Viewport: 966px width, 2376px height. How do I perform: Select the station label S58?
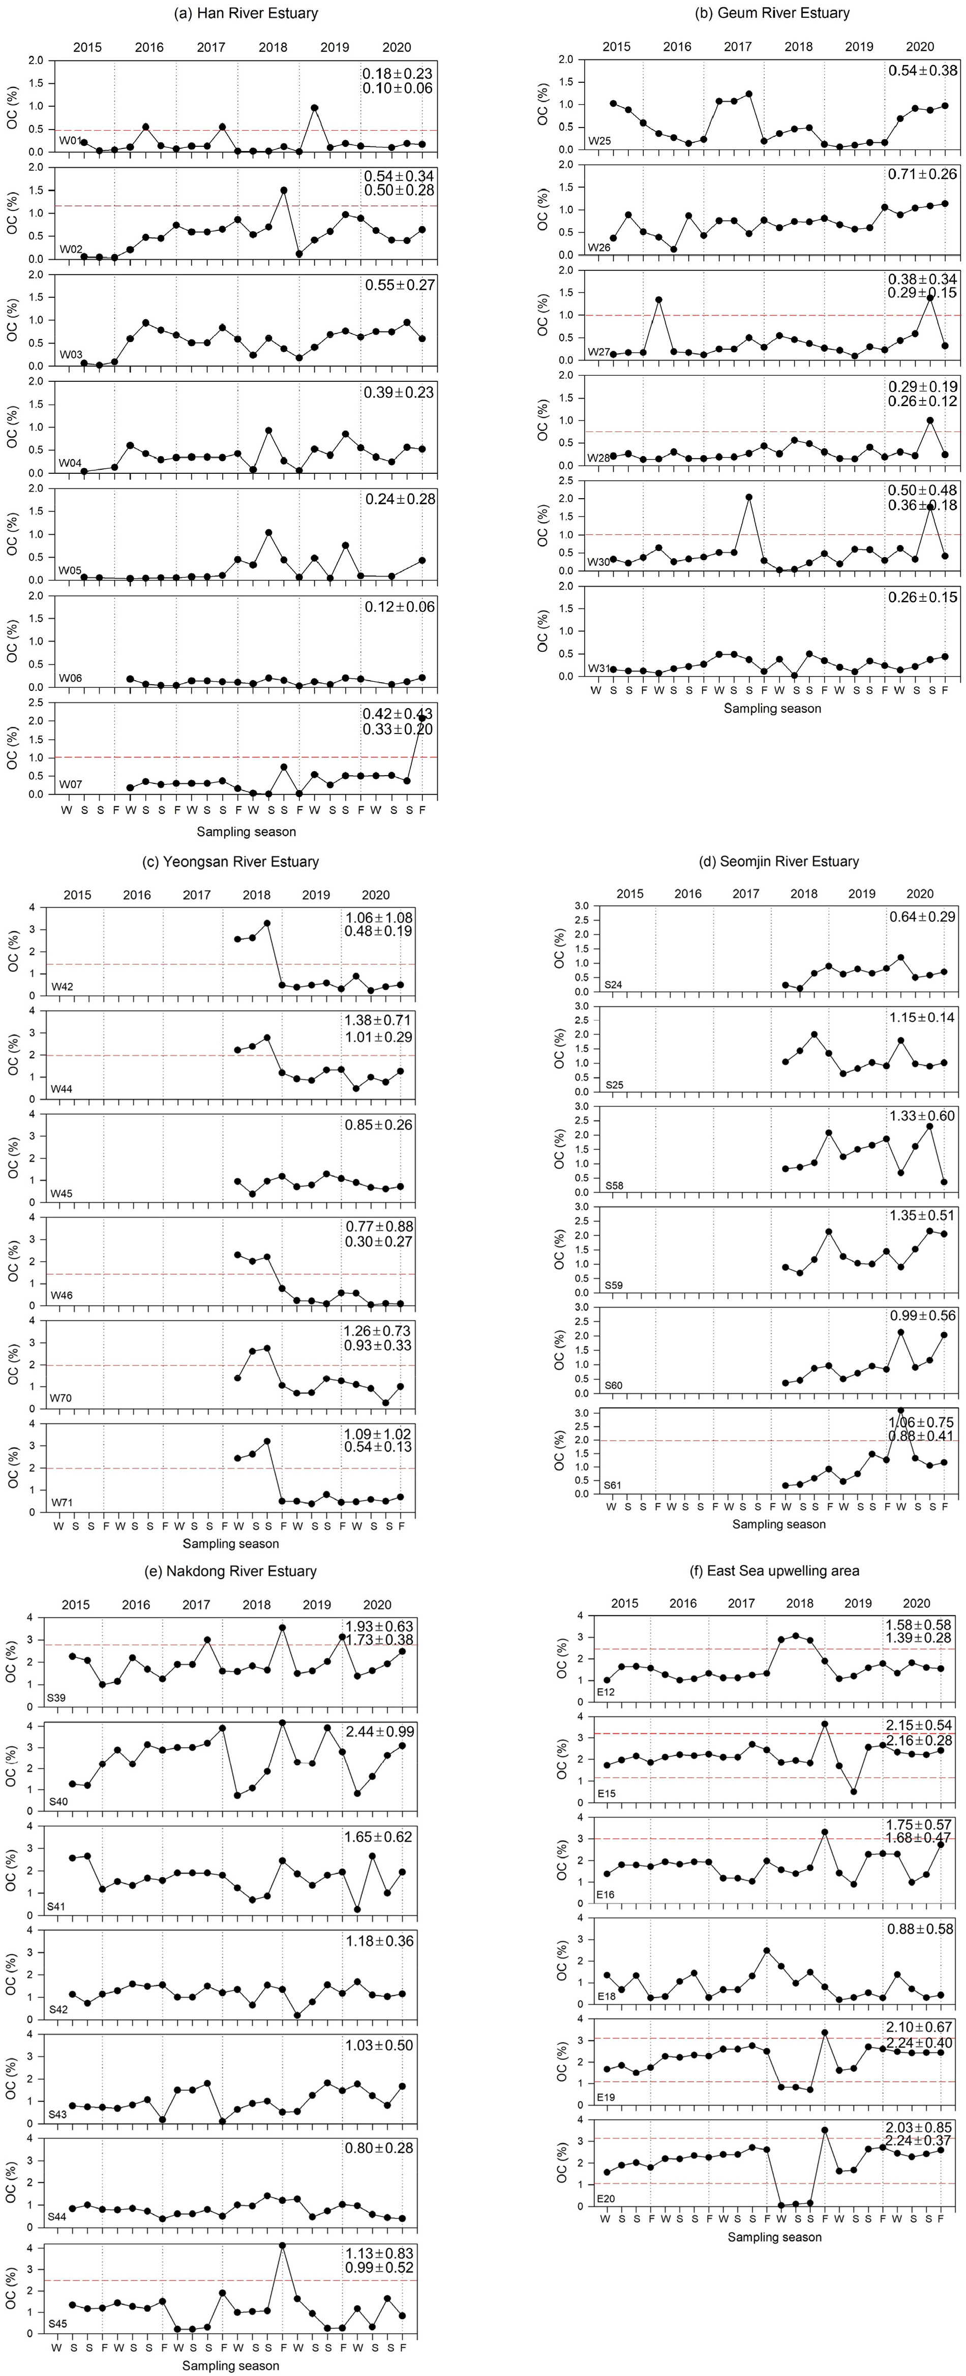(x=614, y=1185)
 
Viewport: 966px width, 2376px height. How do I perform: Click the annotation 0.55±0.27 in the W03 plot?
(x=399, y=285)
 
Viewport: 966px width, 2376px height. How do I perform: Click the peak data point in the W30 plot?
(x=748, y=497)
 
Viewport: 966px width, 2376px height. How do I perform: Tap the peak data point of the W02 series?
(x=283, y=191)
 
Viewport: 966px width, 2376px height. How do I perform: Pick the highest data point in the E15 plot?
(x=825, y=1724)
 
